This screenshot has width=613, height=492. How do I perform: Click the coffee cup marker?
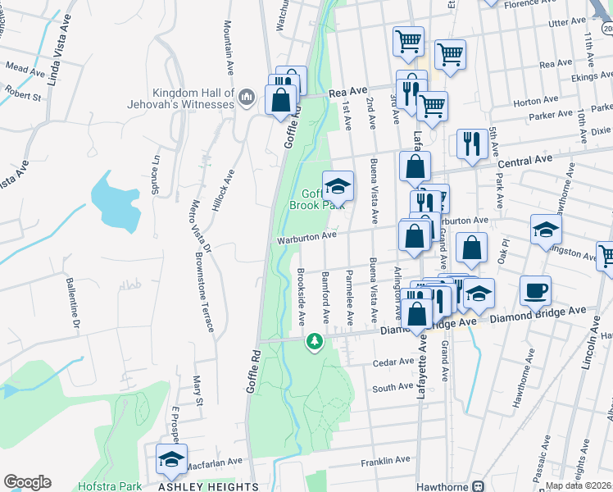535,290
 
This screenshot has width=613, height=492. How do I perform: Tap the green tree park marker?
313,340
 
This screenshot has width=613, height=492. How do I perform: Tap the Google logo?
27,482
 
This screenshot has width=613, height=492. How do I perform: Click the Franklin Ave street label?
391,460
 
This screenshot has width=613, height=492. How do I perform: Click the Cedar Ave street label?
393,361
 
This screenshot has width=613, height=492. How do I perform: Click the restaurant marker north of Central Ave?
470,143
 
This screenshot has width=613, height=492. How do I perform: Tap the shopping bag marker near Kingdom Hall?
280,99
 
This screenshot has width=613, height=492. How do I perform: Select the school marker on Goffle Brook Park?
337,185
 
